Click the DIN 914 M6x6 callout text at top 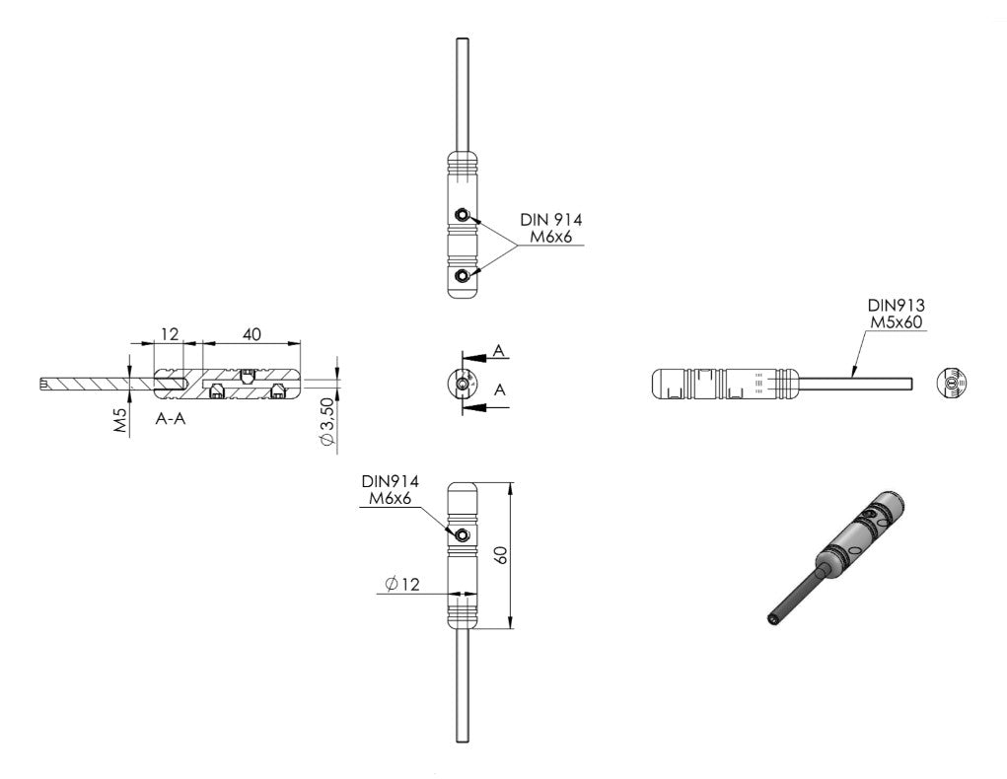pos(551,228)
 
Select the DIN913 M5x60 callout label pos(896,314)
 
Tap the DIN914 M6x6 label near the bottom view pos(390,489)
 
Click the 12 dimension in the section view pos(170,334)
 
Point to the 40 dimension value pos(252,334)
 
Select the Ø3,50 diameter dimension pos(327,423)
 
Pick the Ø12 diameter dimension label pos(402,584)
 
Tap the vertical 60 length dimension pos(502,555)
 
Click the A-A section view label pos(171,419)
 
